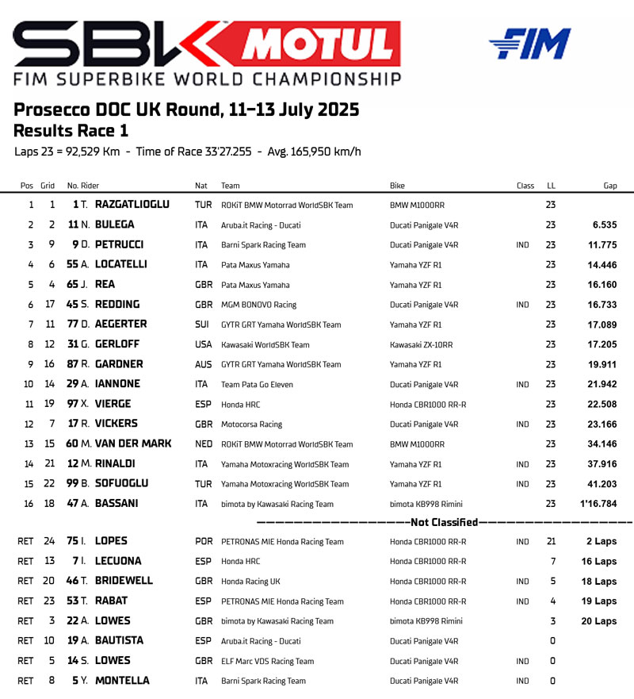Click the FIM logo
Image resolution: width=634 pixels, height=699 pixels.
tap(529, 44)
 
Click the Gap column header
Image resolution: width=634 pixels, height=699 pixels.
tap(609, 186)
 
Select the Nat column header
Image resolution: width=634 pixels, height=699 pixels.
tap(201, 186)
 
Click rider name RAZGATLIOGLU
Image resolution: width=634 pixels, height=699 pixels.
tap(132, 205)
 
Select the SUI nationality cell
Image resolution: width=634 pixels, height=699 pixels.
tap(202, 325)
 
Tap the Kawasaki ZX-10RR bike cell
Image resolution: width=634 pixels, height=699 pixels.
tap(421, 345)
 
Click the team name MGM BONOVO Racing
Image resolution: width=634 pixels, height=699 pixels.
tap(258, 305)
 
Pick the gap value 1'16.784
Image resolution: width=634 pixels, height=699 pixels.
tap(598, 503)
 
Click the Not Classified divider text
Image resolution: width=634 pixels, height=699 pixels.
tap(443, 522)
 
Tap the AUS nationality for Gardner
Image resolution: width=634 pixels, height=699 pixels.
tap(203, 364)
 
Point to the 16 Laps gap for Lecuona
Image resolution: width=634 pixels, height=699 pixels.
tap(598, 562)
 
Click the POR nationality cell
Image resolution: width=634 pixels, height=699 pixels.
tap(204, 542)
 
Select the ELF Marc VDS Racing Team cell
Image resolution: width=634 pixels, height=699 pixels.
tap(267, 661)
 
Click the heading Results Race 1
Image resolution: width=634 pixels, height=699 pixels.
tap(71, 131)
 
